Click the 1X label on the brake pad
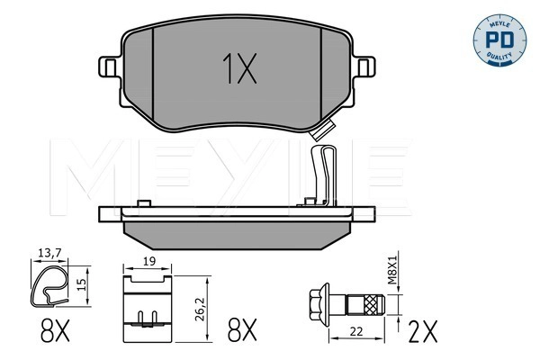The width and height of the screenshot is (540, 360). pos(239,68)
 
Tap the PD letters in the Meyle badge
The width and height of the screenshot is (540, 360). pos(499,40)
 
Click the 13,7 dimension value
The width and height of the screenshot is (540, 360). pos(49,253)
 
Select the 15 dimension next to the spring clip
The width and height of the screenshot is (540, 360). pos(81,284)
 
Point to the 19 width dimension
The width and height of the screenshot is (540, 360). pos(148,261)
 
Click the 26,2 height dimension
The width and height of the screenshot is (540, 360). pos(200,310)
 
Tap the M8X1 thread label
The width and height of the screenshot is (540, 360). pos(392,270)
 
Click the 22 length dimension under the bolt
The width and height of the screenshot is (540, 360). pos(356,331)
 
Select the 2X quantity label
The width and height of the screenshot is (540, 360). pos(423,331)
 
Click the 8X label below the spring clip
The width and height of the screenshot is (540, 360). pos(55,330)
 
